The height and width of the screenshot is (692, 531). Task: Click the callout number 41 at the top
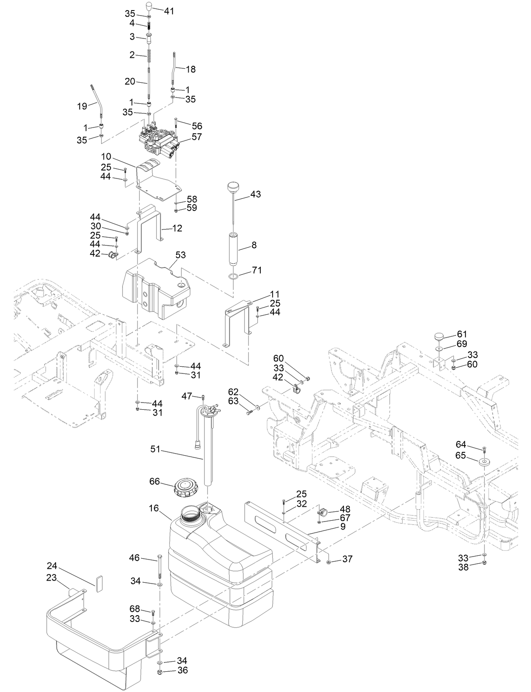point(169,11)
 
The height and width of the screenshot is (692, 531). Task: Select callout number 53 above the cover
point(181,255)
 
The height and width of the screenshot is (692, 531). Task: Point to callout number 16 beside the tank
point(154,508)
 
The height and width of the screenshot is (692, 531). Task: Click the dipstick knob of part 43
point(233,187)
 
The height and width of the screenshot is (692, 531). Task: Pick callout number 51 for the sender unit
point(156,449)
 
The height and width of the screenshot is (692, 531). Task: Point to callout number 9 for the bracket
point(342,527)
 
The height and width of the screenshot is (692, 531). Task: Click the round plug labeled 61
point(439,337)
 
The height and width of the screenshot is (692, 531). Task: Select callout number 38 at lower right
point(463,568)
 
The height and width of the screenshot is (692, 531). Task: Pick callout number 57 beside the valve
point(197,137)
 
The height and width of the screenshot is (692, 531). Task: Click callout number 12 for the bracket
point(177,228)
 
